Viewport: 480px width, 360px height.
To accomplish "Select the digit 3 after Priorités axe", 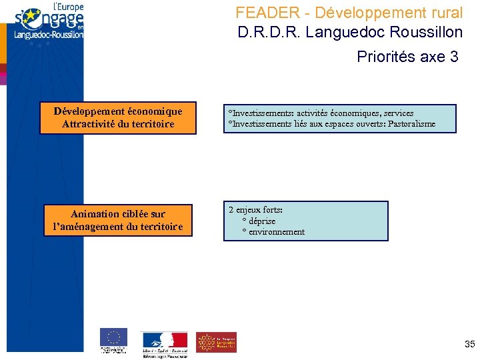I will pyautogui.click(x=454, y=57).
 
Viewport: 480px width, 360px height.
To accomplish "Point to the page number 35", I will pyautogui.click(x=469, y=345).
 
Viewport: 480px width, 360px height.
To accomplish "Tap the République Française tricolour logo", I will pyautogui.click(x=164, y=341).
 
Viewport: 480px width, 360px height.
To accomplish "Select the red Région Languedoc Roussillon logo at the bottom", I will pyautogui.click(x=215, y=342).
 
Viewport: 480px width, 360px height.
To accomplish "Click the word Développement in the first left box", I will pyautogui.click(x=90, y=111).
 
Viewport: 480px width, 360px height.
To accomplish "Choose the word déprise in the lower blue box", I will pyautogui.click(x=262, y=221).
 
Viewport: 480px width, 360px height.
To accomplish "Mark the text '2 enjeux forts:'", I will pyautogui.click(x=255, y=209).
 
